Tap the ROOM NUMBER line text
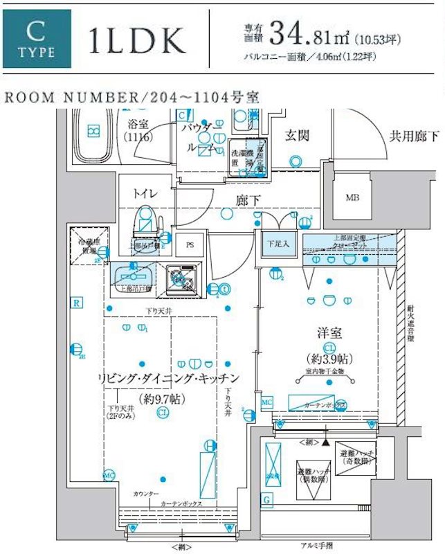pyautogui.click(x=132, y=97)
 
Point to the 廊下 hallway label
pyautogui.click(x=244, y=201)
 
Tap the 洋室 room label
pyautogui.click(x=329, y=332)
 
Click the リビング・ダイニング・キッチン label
pyautogui.click(x=169, y=378)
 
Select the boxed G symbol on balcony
pyautogui.click(x=267, y=499)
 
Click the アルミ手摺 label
pyautogui.click(x=316, y=545)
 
